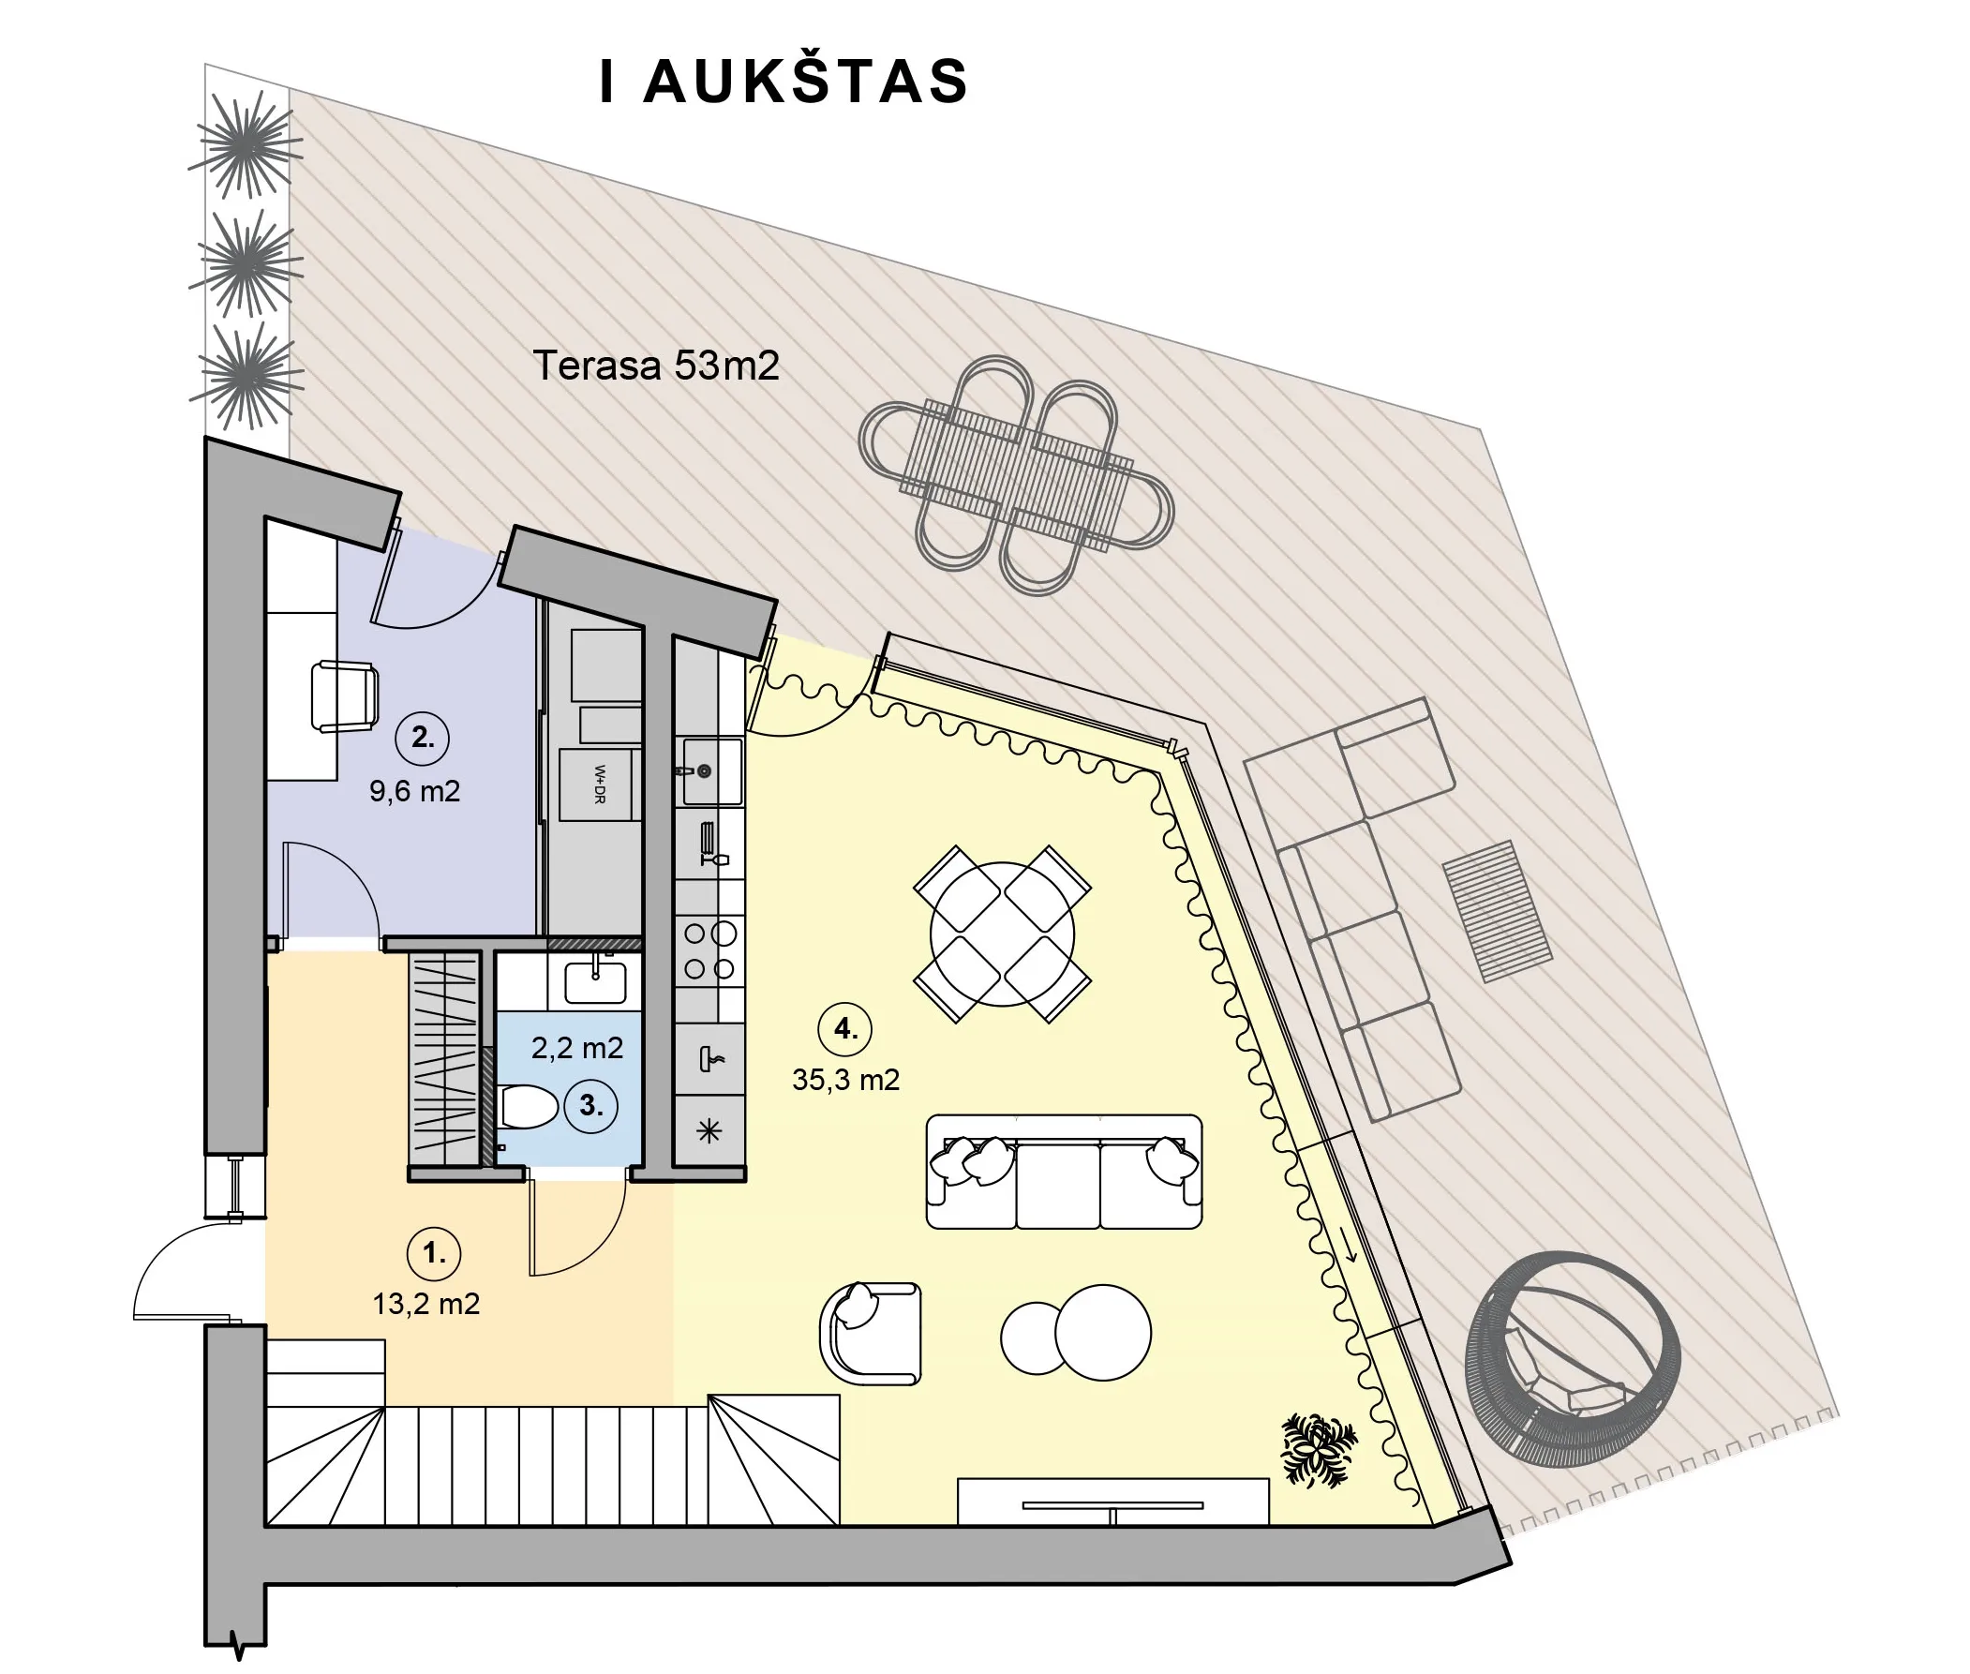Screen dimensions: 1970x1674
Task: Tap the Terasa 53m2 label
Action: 656,366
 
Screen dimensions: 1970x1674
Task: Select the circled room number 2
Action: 423,738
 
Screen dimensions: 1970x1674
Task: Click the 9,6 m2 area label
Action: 414,790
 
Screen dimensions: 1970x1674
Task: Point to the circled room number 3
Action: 590,1106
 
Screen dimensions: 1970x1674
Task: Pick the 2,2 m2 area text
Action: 577,1048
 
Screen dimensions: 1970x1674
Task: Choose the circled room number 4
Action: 844,1029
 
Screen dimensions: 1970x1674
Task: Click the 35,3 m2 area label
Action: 845,1080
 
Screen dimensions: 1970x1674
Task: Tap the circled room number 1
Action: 434,1253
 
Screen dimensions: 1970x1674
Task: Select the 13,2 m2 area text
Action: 426,1304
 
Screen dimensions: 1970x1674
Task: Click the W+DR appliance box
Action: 596,785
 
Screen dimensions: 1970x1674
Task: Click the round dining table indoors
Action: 1002,934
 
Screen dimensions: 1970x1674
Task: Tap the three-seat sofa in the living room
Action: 1064,1172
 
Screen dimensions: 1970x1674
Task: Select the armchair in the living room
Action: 870,1334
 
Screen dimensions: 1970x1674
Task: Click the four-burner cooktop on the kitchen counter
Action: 709,949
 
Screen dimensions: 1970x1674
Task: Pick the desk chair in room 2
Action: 345,696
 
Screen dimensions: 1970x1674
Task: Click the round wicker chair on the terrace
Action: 1573,1360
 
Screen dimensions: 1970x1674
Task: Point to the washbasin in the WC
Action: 595,981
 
